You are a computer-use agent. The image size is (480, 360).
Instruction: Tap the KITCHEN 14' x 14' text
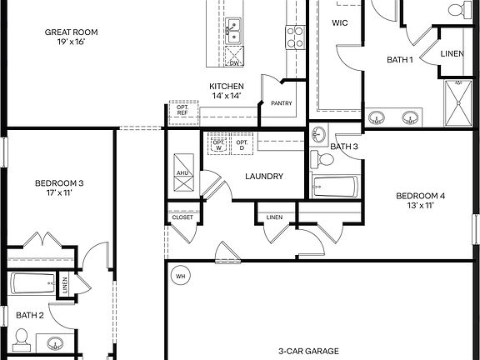coord(226,92)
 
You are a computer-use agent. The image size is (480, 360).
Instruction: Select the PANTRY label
coord(280,104)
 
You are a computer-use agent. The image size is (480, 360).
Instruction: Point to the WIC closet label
coord(339,24)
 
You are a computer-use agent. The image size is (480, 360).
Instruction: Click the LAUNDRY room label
coord(264,176)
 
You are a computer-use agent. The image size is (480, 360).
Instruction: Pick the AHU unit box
coord(182,172)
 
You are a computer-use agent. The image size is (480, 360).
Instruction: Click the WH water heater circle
coord(179,274)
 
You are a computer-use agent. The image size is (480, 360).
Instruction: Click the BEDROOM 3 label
coord(58,187)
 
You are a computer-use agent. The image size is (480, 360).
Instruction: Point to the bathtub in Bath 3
coord(336,187)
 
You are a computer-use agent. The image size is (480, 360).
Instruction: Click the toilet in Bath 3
coord(317,158)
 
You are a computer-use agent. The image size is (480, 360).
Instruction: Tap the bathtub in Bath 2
coord(33,284)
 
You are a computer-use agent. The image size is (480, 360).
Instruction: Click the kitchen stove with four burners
coord(295,36)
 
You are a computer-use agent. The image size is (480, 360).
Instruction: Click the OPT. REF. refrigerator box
coord(182,109)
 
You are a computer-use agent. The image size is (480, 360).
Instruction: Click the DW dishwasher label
coord(234,62)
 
